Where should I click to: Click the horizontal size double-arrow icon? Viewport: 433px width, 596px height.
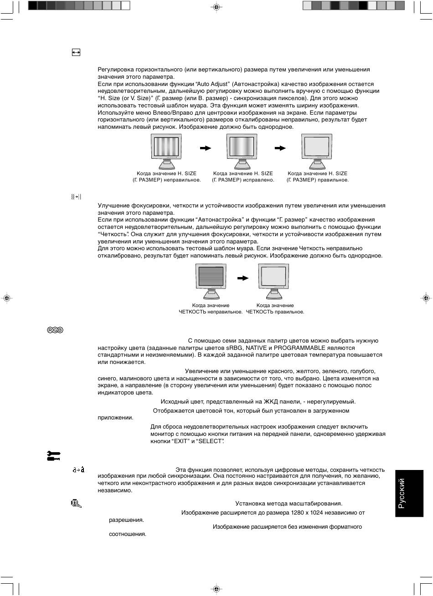coord(76,53)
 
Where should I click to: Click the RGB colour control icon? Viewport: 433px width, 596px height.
coord(55,330)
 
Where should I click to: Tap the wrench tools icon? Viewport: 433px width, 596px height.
coord(54,456)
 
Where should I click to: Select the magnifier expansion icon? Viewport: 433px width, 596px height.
coord(76,503)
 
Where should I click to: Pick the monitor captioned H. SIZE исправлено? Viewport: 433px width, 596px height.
coord(242,150)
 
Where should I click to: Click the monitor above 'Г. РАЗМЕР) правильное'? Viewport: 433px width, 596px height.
coord(317,150)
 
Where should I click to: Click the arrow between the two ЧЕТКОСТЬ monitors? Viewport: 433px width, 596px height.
coord(243,278)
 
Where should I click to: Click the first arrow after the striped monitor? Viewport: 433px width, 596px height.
coord(206,148)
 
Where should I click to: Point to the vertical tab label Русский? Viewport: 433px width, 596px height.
coord(401,493)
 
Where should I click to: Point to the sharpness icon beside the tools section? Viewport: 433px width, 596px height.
coord(79,470)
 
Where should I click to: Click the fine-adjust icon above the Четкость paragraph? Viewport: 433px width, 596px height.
coord(76,197)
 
